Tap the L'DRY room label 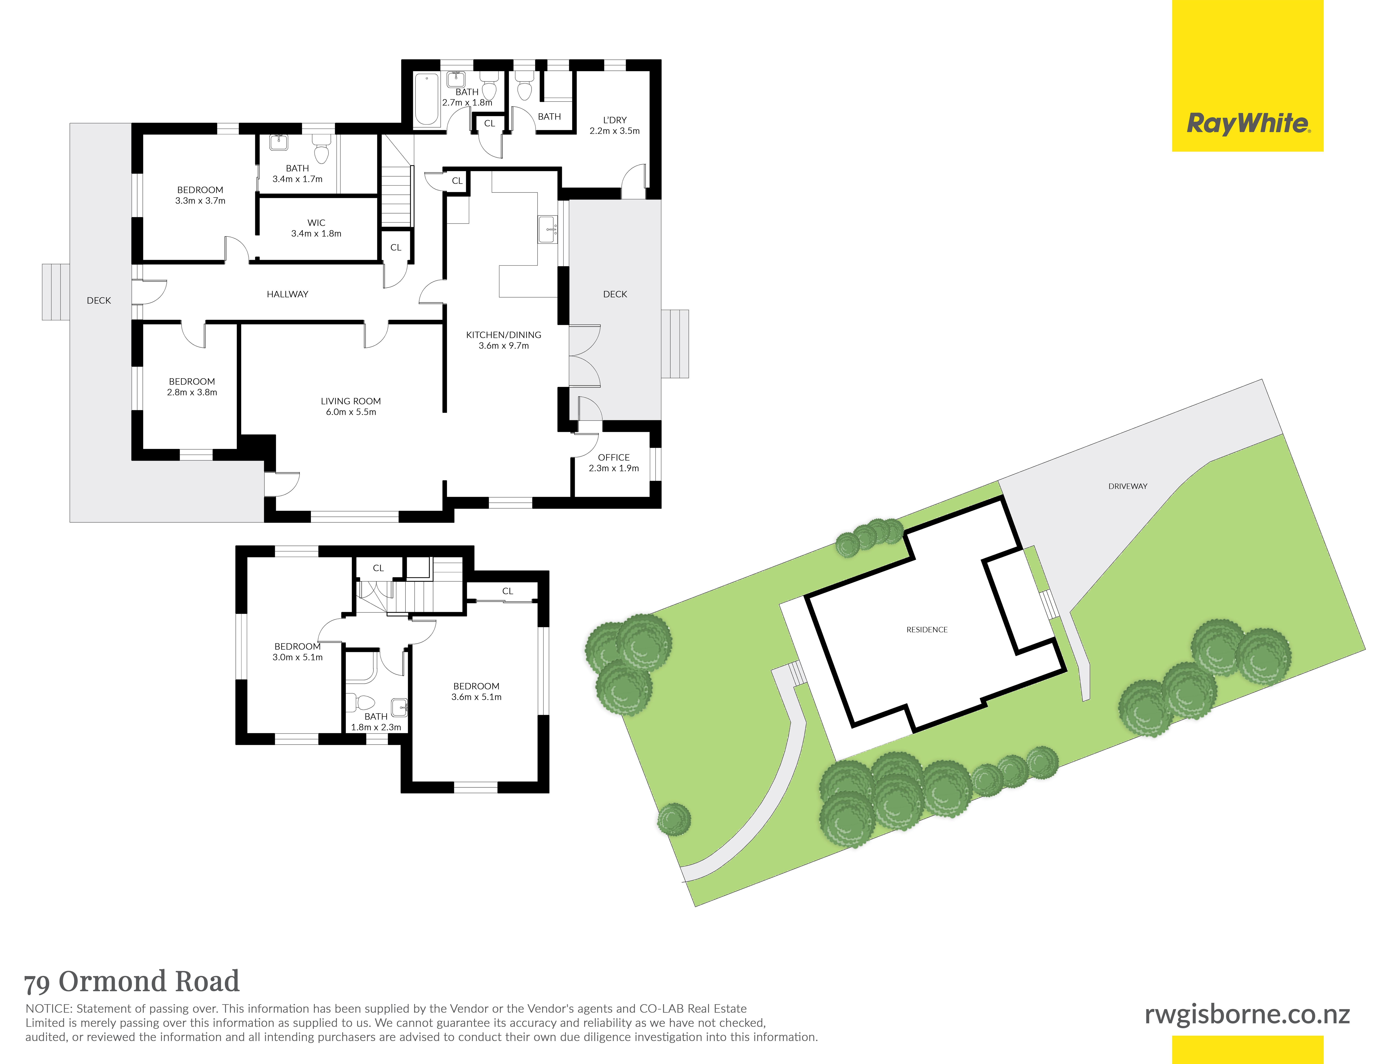pyautogui.click(x=615, y=120)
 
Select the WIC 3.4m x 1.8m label pyautogui.click(x=316, y=228)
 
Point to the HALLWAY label pyautogui.click(x=287, y=294)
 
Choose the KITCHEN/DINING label pyautogui.click(x=503, y=335)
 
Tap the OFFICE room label pyautogui.click(x=614, y=458)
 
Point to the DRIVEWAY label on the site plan pyautogui.click(x=1128, y=486)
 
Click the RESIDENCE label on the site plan pyautogui.click(x=927, y=630)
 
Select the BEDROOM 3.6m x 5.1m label pyautogui.click(x=476, y=691)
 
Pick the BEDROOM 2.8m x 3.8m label pyautogui.click(x=192, y=387)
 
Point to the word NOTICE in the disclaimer pyautogui.click(x=48, y=1009)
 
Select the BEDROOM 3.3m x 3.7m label pyautogui.click(x=200, y=195)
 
